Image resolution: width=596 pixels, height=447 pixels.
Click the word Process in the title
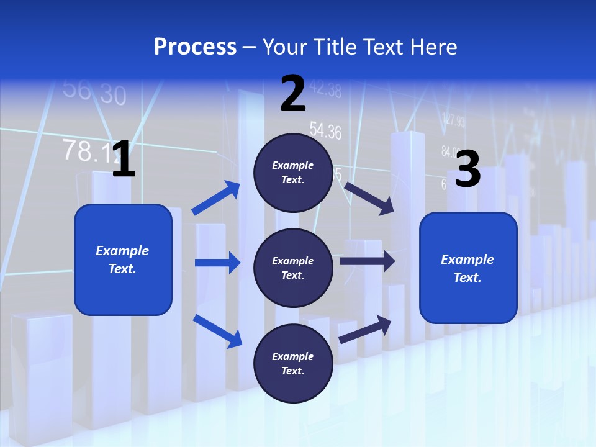[195, 47]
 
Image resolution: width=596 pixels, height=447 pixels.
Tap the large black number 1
[124, 159]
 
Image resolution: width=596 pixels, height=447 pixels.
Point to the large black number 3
[468, 169]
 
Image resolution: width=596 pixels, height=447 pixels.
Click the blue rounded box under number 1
[123, 260]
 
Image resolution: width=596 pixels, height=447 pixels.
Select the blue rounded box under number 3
[468, 268]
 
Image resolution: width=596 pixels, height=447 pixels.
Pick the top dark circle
[293, 173]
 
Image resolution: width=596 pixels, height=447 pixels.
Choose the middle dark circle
[293, 268]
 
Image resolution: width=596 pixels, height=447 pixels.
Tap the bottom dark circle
[293, 363]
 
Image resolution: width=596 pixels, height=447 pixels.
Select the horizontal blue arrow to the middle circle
[217, 263]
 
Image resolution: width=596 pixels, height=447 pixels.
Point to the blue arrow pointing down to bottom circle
[218, 331]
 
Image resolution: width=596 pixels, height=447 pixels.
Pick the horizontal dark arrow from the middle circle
[367, 261]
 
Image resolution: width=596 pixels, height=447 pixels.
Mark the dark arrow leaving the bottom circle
[366, 329]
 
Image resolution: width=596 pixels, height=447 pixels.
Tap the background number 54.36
[325, 130]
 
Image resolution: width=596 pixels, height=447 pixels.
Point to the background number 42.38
[325, 90]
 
